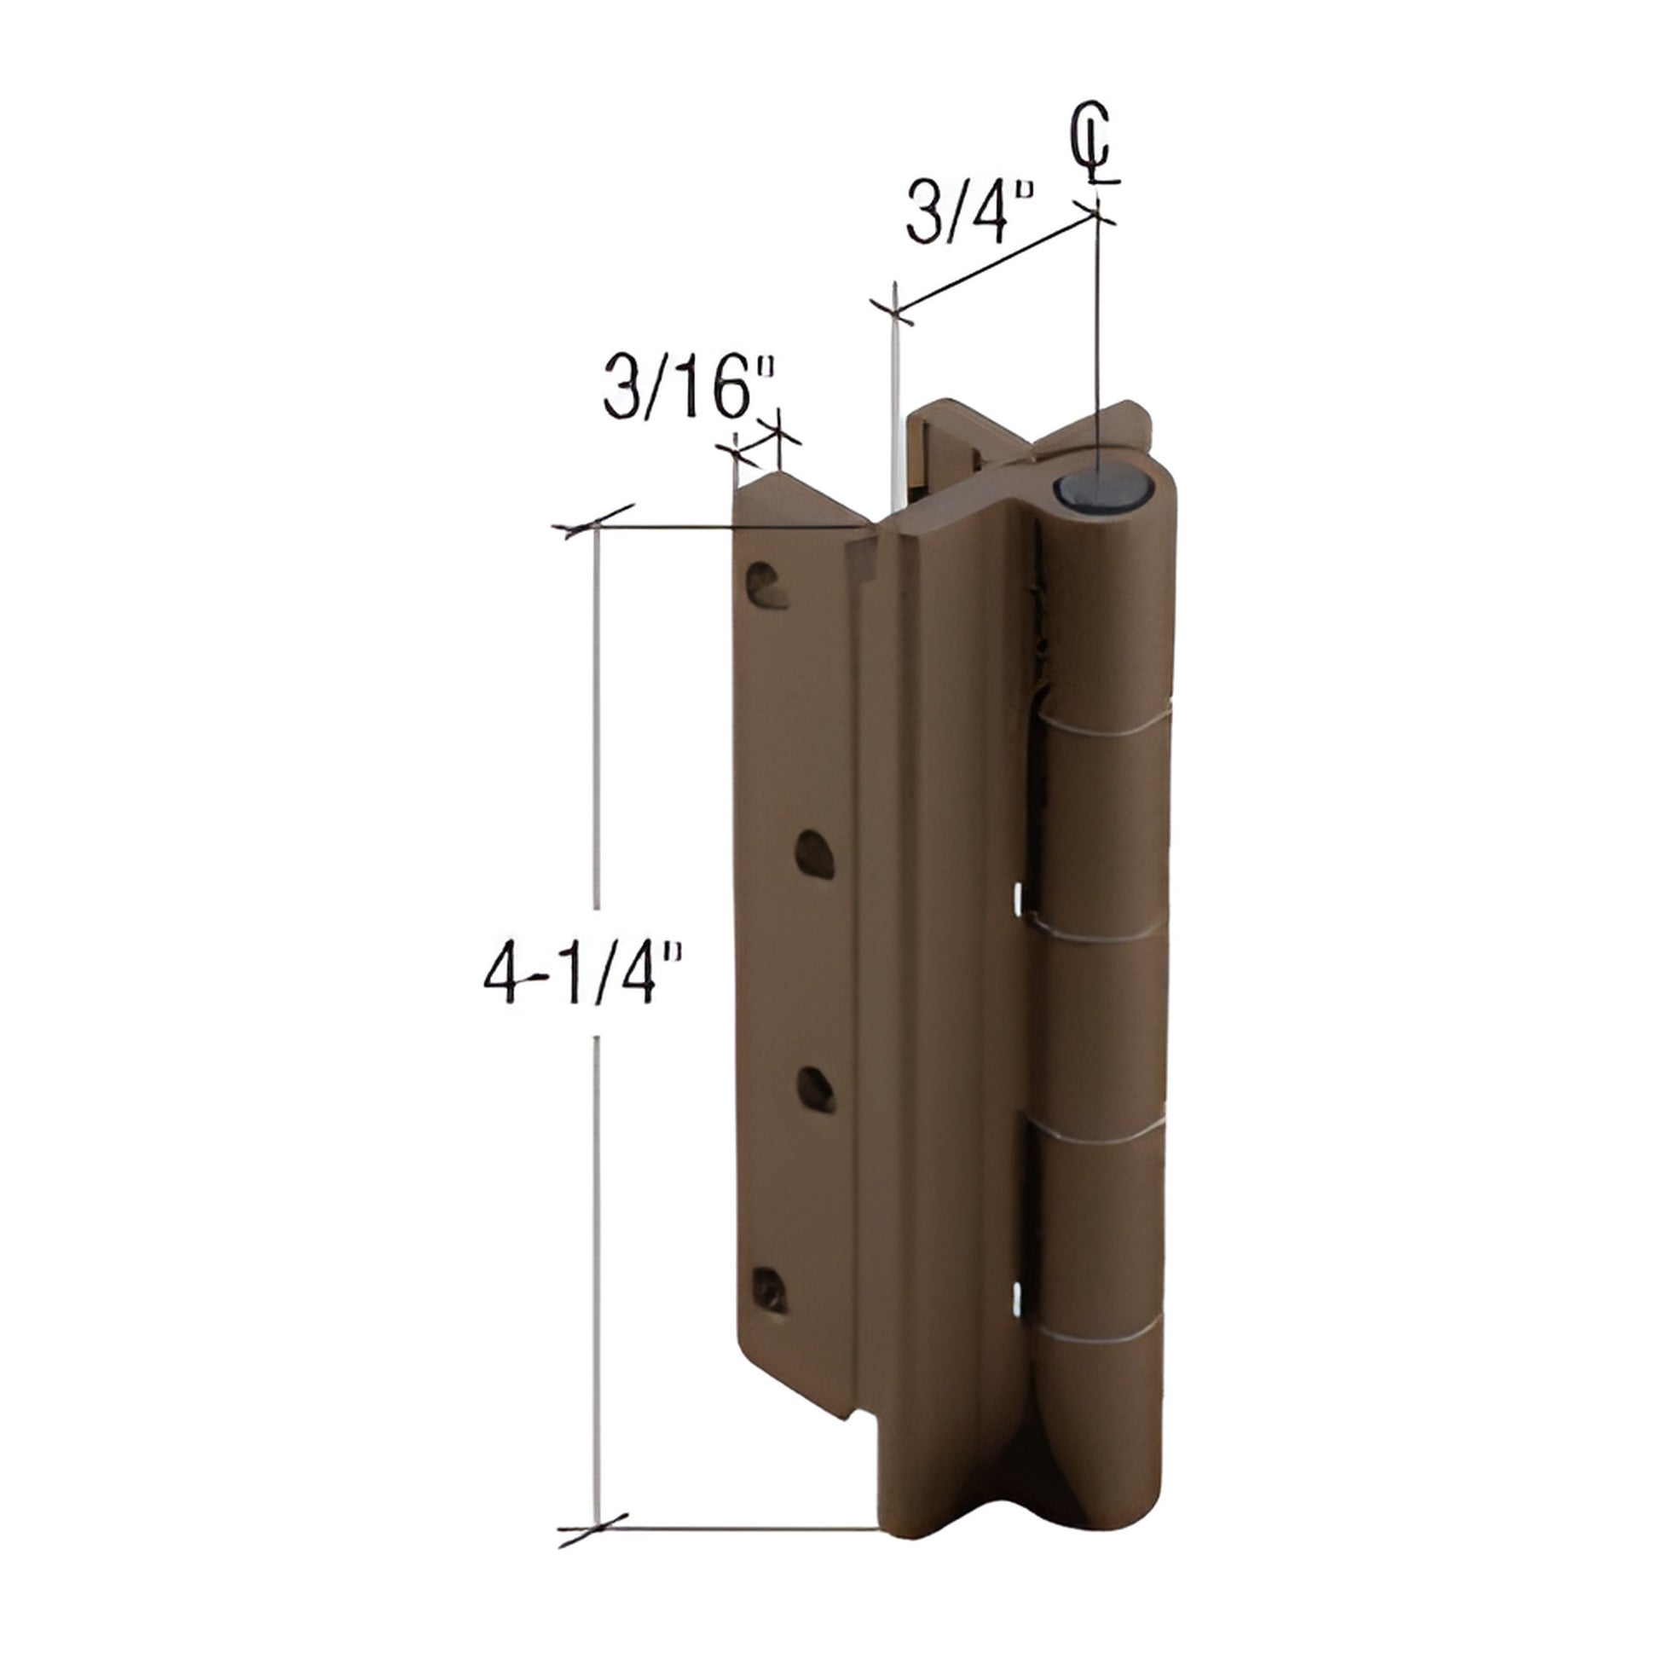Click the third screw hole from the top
coord(815,1089)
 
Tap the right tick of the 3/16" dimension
coord(779,438)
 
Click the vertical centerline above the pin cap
coord(1096,344)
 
